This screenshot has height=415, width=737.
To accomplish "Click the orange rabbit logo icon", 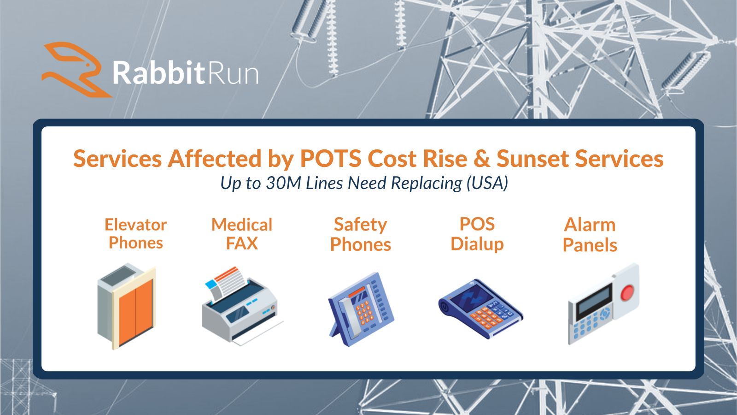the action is tap(76, 69).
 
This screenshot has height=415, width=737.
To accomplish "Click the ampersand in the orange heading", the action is tap(482, 159).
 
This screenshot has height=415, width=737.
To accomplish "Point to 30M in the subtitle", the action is tap(283, 183).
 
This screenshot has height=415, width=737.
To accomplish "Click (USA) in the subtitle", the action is tap(487, 183).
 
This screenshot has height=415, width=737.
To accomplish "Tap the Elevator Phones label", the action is tap(135, 234).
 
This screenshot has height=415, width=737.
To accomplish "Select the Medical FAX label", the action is tap(242, 234).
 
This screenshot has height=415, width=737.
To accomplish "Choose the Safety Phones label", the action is tap(361, 235).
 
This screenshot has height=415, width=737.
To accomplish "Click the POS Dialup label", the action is tap(477, 235).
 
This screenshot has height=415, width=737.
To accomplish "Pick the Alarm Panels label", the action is tap(590, 235).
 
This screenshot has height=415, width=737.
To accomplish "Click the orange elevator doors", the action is tap(135, 311).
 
